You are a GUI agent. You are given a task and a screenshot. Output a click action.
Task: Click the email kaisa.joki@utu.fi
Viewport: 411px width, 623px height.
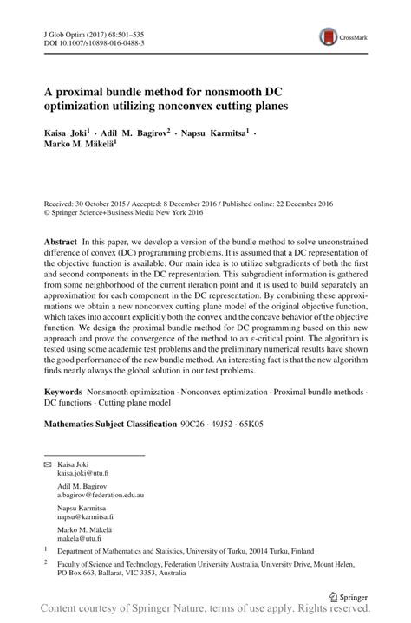[x=83, y=475]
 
